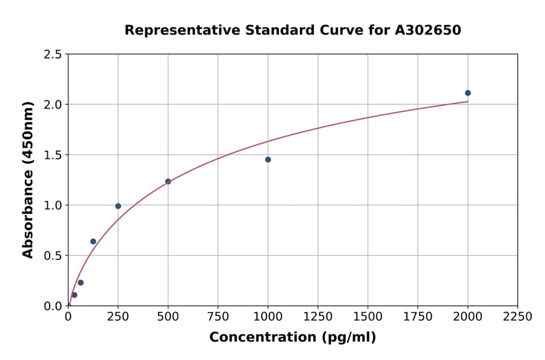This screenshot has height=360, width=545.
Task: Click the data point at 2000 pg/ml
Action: coord(467,93)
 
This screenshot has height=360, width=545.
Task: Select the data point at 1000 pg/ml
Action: coord(268,159)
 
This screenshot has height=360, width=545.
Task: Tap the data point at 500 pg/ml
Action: coord(168,181)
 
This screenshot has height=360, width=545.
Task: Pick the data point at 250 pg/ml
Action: coord(118,206)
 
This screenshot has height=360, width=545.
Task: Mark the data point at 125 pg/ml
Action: coord(93,241)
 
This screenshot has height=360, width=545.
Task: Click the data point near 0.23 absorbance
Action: coord(81,282)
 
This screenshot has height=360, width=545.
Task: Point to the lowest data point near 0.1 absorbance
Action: coord(74,295)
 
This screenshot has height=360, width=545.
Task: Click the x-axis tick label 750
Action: coord(218,317)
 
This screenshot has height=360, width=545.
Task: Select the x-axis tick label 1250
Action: coord(318,317)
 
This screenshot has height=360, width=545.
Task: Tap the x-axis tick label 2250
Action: coord(518,317)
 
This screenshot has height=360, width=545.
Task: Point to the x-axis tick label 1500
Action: coord(368,317)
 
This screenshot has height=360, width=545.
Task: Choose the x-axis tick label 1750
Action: coord(418,317)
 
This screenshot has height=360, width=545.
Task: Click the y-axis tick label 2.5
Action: coord(53,55)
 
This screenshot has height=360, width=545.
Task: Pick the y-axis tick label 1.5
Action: coord(53,155)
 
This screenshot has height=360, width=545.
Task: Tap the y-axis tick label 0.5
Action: coord(53,256)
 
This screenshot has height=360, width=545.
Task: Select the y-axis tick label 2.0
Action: coord(53,105)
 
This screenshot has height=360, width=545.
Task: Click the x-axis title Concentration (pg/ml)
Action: coord(292,338)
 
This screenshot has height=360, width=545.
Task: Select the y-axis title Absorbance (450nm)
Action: coord(28,179)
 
